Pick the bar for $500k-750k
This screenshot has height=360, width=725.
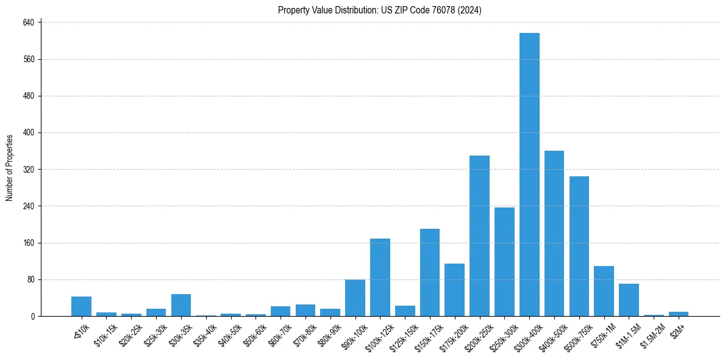coord(579,247)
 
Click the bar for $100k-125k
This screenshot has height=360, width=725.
coord(380,278)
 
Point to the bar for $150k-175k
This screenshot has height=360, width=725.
coord(430,273)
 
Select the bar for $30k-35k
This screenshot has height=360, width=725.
coord(181,305)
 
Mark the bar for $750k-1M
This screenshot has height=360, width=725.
coord(604,291)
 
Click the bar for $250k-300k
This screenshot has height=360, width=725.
coord(504,262)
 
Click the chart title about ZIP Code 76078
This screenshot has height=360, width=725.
coord(380,10)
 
